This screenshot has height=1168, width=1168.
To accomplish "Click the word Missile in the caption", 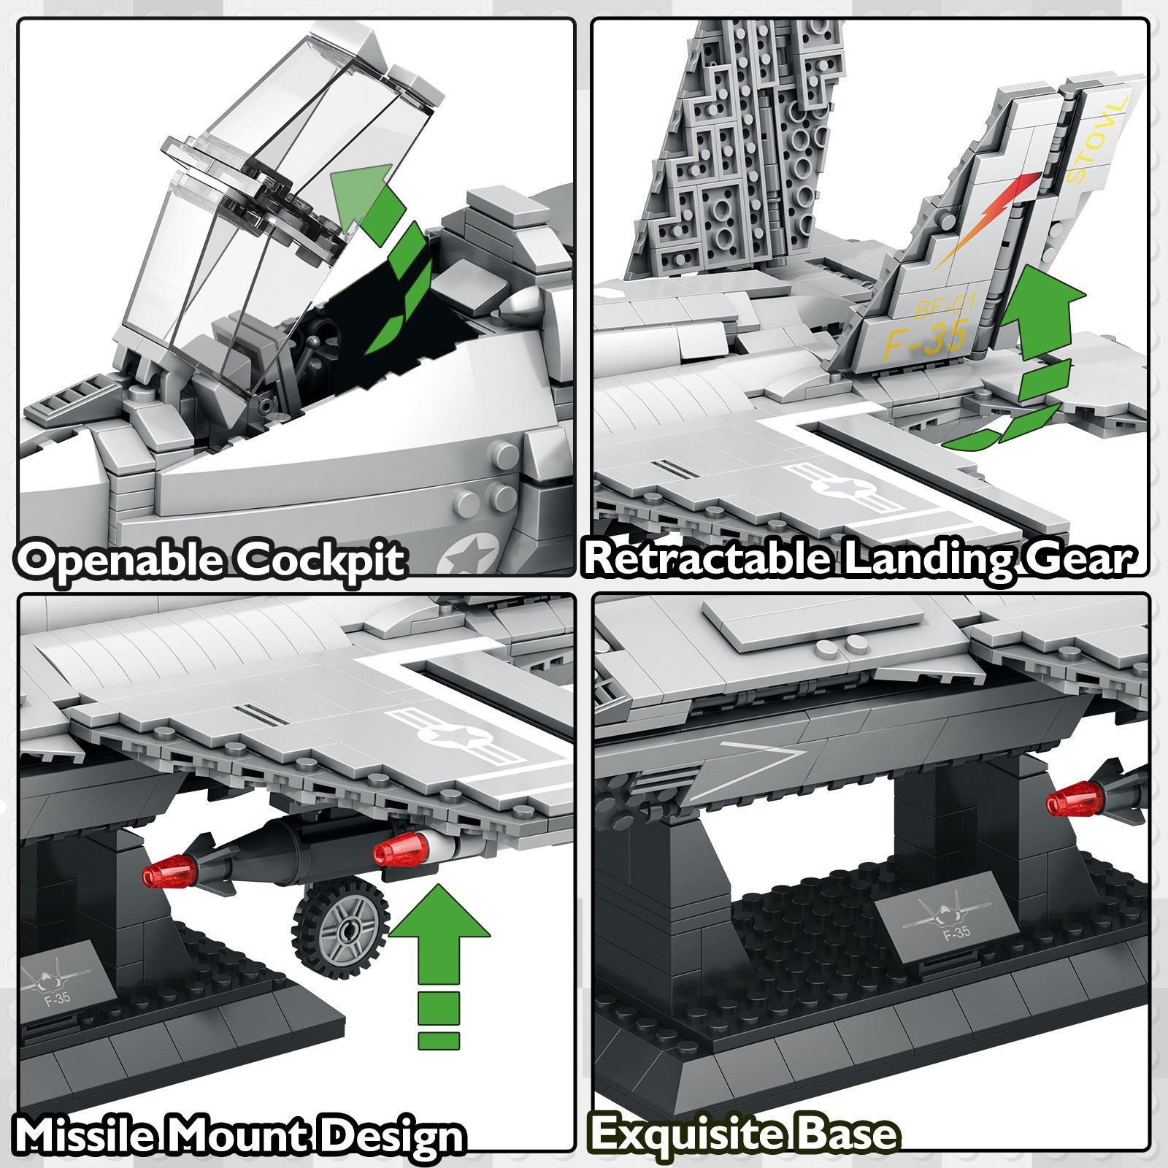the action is [x=85, y=1135].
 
